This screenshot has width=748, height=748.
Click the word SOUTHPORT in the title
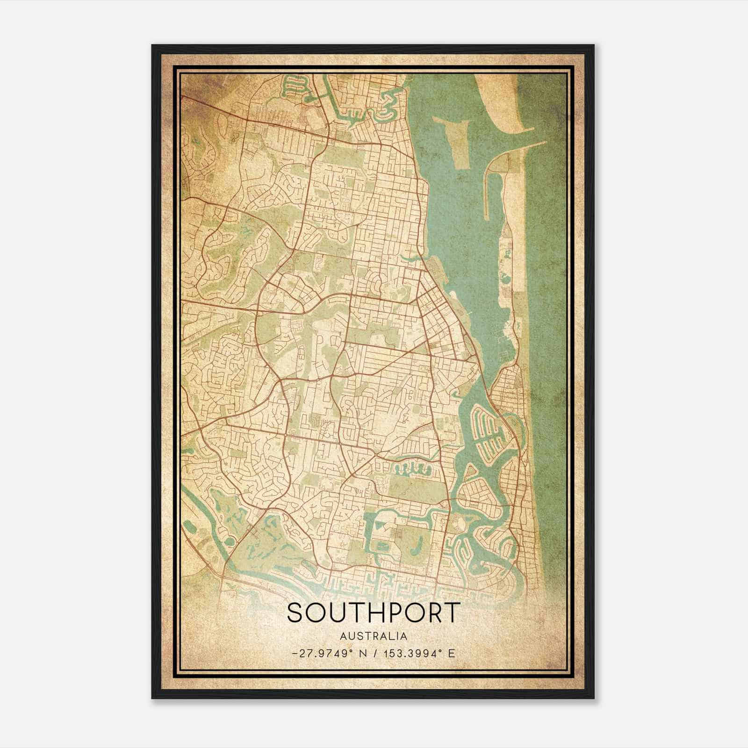pyautogui.click(x=374, y=612)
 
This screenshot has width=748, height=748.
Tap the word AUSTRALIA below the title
pyautogui.click(x=374, y=636)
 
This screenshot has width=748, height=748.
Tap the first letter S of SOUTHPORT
pyautogui.click(x=295, y=612)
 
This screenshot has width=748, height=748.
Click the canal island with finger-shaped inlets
pyautogui.click(x=486, y=430)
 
